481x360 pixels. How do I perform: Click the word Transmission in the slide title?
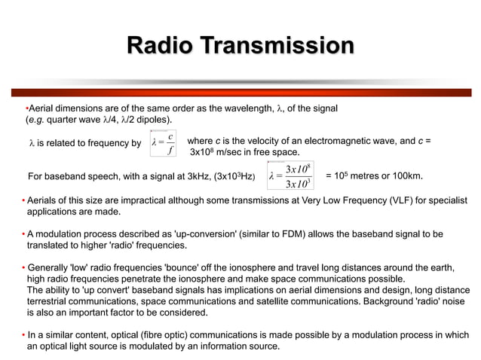tap(274, 46)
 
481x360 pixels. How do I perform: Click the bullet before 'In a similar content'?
tap(23, 334)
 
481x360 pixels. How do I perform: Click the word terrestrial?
tap(50, 301)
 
